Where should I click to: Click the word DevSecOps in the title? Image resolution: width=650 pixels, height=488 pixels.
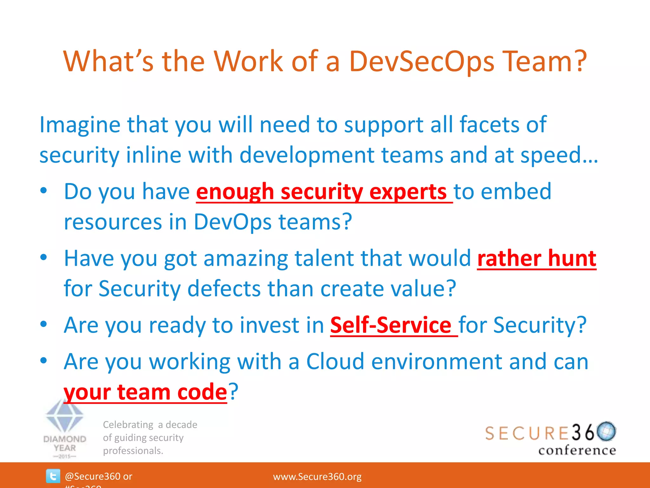[422, 61]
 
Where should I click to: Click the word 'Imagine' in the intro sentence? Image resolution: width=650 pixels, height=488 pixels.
[80, 125]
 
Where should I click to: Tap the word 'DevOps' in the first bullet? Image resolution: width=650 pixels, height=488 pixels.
[233, 222]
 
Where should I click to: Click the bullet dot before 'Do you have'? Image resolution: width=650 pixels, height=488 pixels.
[43, 191]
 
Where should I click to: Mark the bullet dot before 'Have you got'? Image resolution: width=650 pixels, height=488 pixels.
[43, 257]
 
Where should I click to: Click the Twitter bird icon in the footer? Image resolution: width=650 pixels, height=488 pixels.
[53, 476]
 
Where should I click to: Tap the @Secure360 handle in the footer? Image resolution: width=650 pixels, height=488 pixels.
[92, 476]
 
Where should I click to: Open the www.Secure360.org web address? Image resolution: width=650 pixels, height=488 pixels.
[317, 477]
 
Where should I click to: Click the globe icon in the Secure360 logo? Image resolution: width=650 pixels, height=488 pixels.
[606, 431]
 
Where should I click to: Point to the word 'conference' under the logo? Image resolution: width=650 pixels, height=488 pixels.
[577, 451]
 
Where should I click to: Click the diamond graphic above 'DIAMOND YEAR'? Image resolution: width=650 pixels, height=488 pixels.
[64, 416]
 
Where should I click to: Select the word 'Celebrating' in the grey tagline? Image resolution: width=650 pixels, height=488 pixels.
[128, 425]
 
